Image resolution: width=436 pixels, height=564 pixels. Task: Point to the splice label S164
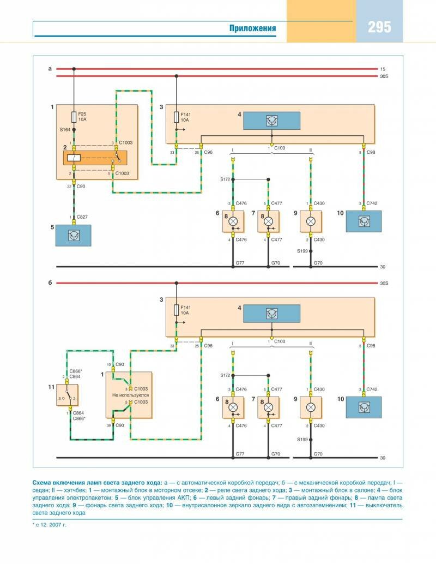(x=65, y=130)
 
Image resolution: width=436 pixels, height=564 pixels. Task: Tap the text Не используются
(x=130, y=394)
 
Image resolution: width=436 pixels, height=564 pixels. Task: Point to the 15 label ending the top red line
(x=383, y=69)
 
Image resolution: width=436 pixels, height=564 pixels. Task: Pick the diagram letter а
(x=50, y=69)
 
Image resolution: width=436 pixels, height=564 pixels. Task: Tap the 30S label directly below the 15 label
(x=384, y=76)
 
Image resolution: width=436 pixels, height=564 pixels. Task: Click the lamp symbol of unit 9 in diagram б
(x=311, y=407)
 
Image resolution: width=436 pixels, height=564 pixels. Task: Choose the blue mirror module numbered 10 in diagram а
(x=364, y=221)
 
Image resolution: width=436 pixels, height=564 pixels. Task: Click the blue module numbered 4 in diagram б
(x=271, y=314)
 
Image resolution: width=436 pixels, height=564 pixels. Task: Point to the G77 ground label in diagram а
(x=240, y=263)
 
